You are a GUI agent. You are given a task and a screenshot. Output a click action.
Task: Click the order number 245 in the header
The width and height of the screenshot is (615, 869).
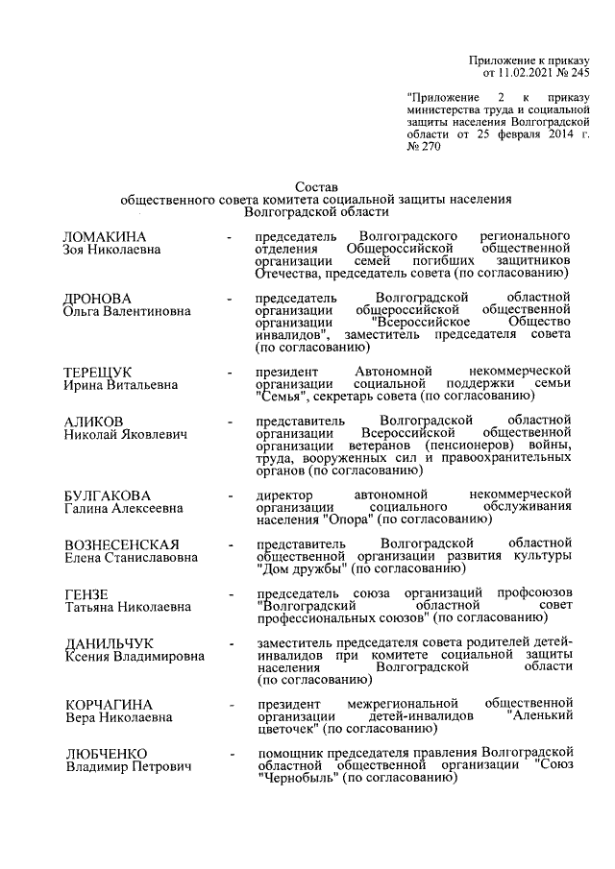point(578,72)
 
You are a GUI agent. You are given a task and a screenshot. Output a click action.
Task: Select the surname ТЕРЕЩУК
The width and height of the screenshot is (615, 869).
point(97,372)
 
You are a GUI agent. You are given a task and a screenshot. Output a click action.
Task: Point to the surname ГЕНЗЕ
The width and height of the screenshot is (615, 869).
point(86,593)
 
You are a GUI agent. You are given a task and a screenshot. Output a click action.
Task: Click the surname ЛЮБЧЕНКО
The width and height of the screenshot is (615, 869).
point(106,754)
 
